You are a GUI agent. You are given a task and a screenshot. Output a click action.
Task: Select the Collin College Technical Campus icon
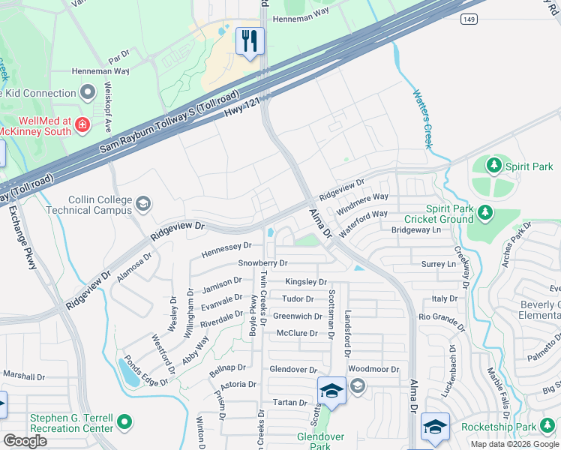coord(142,203)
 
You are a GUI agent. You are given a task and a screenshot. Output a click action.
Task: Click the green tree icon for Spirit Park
coord(493,164)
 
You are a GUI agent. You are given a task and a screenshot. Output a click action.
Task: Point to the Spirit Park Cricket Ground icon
coord(485,214)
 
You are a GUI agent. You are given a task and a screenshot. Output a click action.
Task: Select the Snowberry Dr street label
coord(262,263)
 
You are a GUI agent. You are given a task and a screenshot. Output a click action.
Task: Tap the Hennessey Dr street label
coord(226,245)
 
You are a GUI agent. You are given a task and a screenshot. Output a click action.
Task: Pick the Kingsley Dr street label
coord(306,282)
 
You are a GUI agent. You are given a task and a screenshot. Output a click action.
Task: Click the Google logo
coord(25,441)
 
